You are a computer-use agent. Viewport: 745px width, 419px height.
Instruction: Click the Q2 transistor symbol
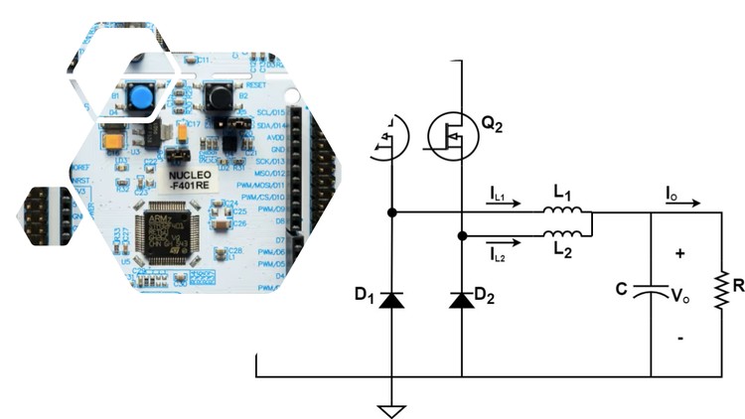tap(453, 133)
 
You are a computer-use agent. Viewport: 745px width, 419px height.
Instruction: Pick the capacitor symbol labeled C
tap(651, 293)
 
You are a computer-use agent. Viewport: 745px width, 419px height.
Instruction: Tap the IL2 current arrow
tap(504, 239)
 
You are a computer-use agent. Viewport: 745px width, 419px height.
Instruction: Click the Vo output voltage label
tap(681, 295)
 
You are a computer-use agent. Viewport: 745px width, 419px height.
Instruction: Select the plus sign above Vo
tap(680, 254)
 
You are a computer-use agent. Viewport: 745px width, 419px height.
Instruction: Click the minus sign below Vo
tap(680, 338)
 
